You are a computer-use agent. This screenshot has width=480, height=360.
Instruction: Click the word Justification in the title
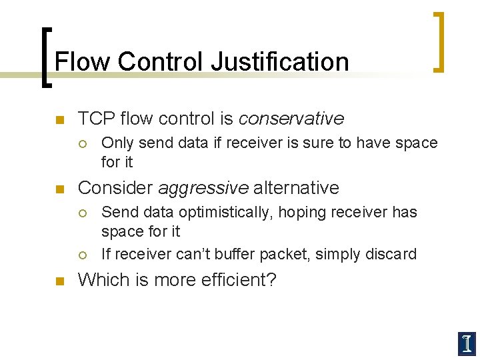click(280, 62)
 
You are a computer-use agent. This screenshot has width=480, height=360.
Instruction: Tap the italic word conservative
click(291, 119)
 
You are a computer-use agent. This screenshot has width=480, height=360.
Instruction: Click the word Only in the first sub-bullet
click(117, 143)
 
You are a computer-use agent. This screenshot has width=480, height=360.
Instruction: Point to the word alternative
click(296, 188)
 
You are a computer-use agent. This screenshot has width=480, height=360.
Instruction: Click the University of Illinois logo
click(466, 343)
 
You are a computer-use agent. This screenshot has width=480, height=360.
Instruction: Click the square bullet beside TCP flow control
click(59, 120)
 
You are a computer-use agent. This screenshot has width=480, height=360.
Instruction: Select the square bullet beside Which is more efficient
click(59, 281)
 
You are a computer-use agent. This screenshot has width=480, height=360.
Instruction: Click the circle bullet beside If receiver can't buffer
click(83, 255)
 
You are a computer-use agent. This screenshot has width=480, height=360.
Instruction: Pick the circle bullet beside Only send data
click(83, 143)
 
